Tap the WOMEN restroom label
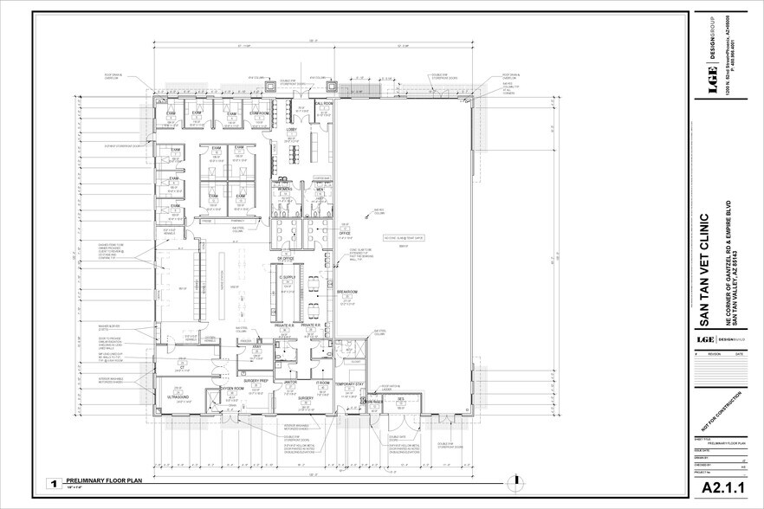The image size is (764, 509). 284,187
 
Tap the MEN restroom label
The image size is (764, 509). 319,187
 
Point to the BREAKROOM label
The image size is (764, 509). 323,293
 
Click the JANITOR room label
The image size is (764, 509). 289,382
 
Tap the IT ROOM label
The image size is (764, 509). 322,382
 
